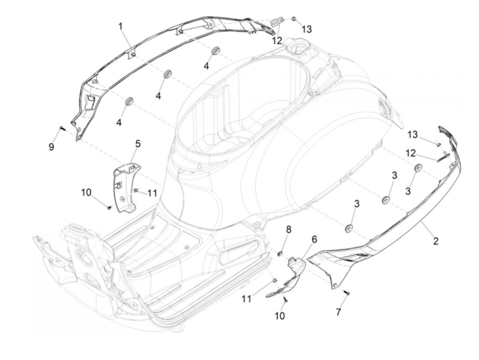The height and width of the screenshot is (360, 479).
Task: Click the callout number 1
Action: tap(120, 26)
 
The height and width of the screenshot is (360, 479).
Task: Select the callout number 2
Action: tap(436, 241)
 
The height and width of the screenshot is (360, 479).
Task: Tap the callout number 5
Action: tap(138, 144)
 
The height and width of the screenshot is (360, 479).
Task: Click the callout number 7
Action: tap(338, 312)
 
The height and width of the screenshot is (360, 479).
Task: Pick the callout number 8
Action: tap(288, 229)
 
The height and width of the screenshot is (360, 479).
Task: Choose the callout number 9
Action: tap(51, 147)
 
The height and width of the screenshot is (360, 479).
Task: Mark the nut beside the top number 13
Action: tap(294, 19)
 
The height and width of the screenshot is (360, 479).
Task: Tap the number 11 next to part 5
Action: tap(152, 193)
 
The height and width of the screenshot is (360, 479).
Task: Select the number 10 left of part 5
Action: tap(86, 192)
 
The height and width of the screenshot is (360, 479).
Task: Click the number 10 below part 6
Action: tap(280, 316)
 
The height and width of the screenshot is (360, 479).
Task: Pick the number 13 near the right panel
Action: tap(413, 134)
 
